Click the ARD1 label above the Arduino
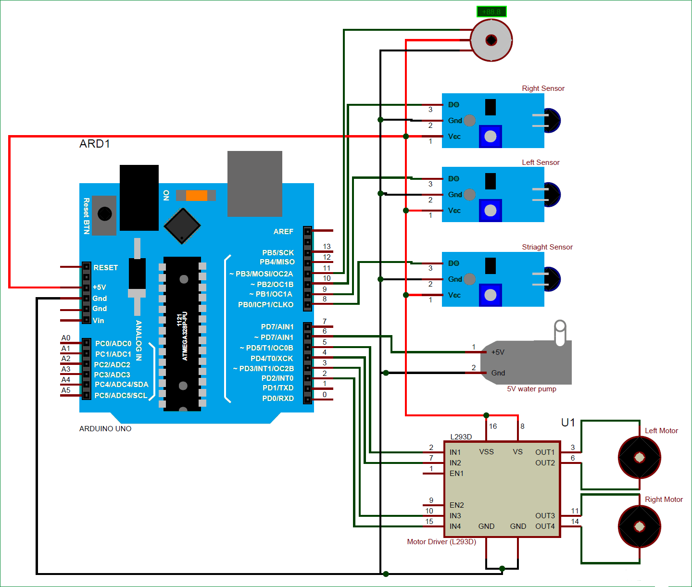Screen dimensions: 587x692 95,144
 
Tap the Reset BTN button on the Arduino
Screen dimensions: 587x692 104,214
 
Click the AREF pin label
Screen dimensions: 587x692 283,232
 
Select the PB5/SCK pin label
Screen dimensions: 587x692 278,252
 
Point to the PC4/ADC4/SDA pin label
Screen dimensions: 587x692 121,385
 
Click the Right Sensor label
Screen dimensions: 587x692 543,88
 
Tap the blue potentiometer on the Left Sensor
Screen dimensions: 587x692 490,211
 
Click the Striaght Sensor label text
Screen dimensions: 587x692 547,247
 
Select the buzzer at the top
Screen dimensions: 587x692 491,40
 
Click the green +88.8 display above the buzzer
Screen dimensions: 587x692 491,12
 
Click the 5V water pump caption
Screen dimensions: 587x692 531,389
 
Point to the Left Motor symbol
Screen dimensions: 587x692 639,457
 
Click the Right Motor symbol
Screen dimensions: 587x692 639,526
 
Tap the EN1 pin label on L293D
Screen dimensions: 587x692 456,474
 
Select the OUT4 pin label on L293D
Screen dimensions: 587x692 545,526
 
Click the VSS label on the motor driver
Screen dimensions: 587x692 486,452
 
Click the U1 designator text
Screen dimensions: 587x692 568,423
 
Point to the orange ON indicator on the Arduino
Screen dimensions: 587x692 196,195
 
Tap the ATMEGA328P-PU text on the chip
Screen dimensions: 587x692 185,336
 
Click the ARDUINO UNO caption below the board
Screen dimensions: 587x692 105,429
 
